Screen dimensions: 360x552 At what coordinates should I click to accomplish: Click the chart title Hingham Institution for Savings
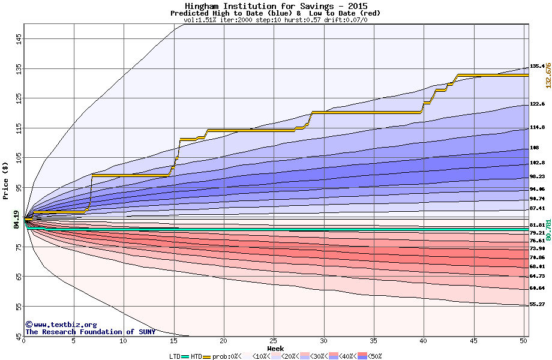[x=275, y=6]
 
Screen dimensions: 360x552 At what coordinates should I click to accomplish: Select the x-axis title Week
[x=275, y=348]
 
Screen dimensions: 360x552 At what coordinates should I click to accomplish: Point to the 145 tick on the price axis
[x=19, y=39]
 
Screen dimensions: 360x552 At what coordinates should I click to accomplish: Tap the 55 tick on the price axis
[x=19, y=307]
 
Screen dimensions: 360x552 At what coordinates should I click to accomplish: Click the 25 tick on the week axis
[x=274, y=341]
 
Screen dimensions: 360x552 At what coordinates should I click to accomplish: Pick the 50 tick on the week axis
[x=524, y=341]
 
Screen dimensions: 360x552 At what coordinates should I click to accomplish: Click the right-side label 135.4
[x=537, y=67]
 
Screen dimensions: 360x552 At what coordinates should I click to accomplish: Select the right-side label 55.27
[x=537, y=304]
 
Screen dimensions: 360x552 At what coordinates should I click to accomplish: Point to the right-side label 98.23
[x=537, y=176]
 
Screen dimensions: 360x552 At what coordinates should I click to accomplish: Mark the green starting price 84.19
[x=16, y=220]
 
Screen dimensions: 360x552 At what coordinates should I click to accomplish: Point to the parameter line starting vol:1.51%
[x=275, y=20]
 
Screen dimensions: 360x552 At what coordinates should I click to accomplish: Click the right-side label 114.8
[x=537, y=127]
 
